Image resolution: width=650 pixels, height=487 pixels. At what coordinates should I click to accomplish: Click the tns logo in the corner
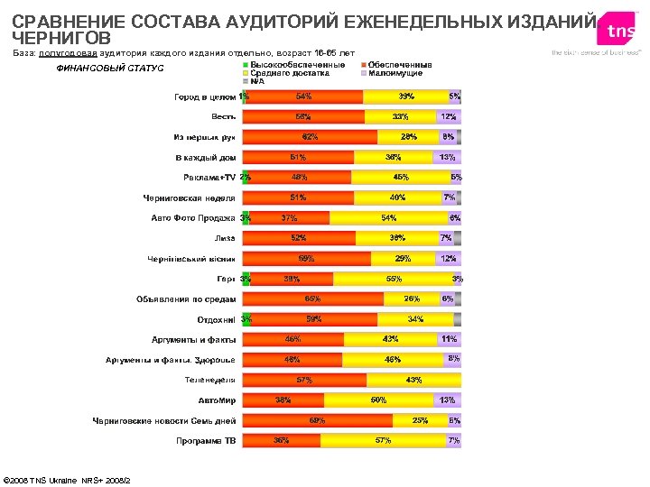click(619, 32)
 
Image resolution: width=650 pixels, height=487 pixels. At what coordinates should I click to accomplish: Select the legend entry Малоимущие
click(397, 73)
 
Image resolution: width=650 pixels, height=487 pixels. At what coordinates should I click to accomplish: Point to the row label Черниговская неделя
click(190, 198)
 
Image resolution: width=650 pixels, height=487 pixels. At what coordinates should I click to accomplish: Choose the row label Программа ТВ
click(205, 441)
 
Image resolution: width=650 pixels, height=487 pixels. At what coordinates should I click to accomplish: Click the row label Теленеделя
click(210, 380)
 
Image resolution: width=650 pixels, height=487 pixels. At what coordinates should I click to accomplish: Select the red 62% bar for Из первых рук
click(311, 137)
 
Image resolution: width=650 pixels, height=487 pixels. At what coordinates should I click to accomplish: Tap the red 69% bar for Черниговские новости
click(318, 420)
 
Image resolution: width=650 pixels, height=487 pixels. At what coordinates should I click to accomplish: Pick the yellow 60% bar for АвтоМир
click(378, 400)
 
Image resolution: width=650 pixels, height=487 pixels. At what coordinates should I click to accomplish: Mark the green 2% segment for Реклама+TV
click(246, 178)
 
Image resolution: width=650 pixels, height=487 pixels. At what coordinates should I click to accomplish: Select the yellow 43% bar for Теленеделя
click(413, 380)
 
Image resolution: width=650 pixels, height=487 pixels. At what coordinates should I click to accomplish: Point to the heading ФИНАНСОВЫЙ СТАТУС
click(110, 69)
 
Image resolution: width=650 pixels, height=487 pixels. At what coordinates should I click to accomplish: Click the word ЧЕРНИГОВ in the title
click(62, 38)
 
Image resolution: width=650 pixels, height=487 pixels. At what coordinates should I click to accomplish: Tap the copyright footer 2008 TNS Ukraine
click(68, 479)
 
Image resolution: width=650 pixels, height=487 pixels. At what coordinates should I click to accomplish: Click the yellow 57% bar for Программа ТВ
click(383, 441)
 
